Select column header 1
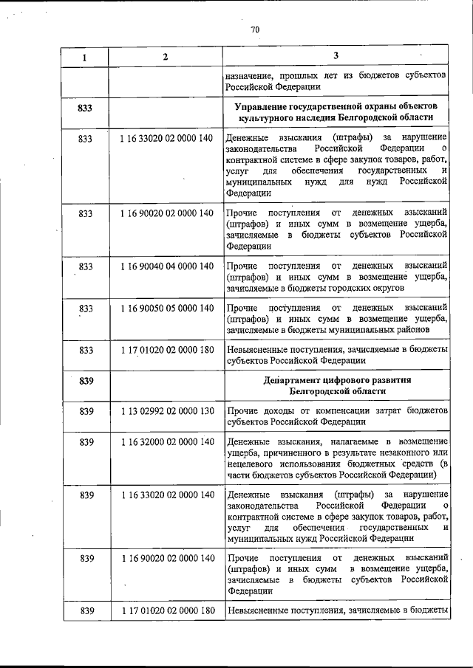(84, 57)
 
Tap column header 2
(166, 57)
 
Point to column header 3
(336, 57)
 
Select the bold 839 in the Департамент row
(85, 380)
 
